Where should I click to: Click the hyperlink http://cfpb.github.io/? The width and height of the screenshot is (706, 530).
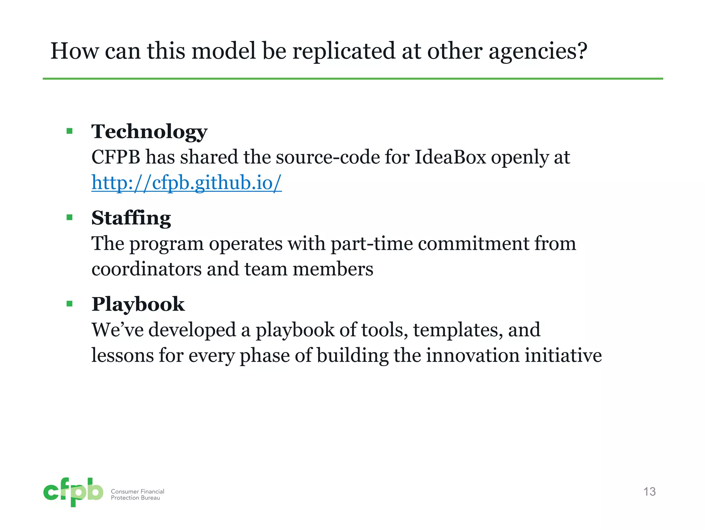(186, 183)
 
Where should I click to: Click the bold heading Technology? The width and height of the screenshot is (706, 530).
(149, 132)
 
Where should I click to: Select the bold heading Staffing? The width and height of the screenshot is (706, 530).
(131, 218)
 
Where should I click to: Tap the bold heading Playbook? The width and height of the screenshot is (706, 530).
(138, 304)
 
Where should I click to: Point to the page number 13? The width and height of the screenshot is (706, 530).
(649, 491)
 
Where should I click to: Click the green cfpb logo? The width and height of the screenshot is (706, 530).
(73, 492)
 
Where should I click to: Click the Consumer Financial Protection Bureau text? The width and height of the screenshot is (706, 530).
(137, 494)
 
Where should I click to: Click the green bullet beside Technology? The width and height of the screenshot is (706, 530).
(70, 131)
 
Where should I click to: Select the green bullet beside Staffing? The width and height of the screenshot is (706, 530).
(70, 217)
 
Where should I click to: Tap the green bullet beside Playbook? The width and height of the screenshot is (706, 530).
(70, 304)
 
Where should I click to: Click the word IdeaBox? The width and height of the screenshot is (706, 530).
(450, 157)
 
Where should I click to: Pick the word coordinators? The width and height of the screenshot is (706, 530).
(147, 269)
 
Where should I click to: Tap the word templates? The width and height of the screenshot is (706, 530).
(456, 330)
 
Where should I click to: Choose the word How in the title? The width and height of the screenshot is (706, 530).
(74, 51)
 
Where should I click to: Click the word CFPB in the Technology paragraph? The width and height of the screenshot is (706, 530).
(116, 157)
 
